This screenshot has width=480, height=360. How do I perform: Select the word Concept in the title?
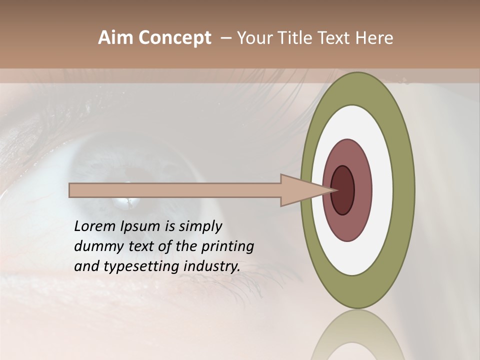[175, 38]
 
